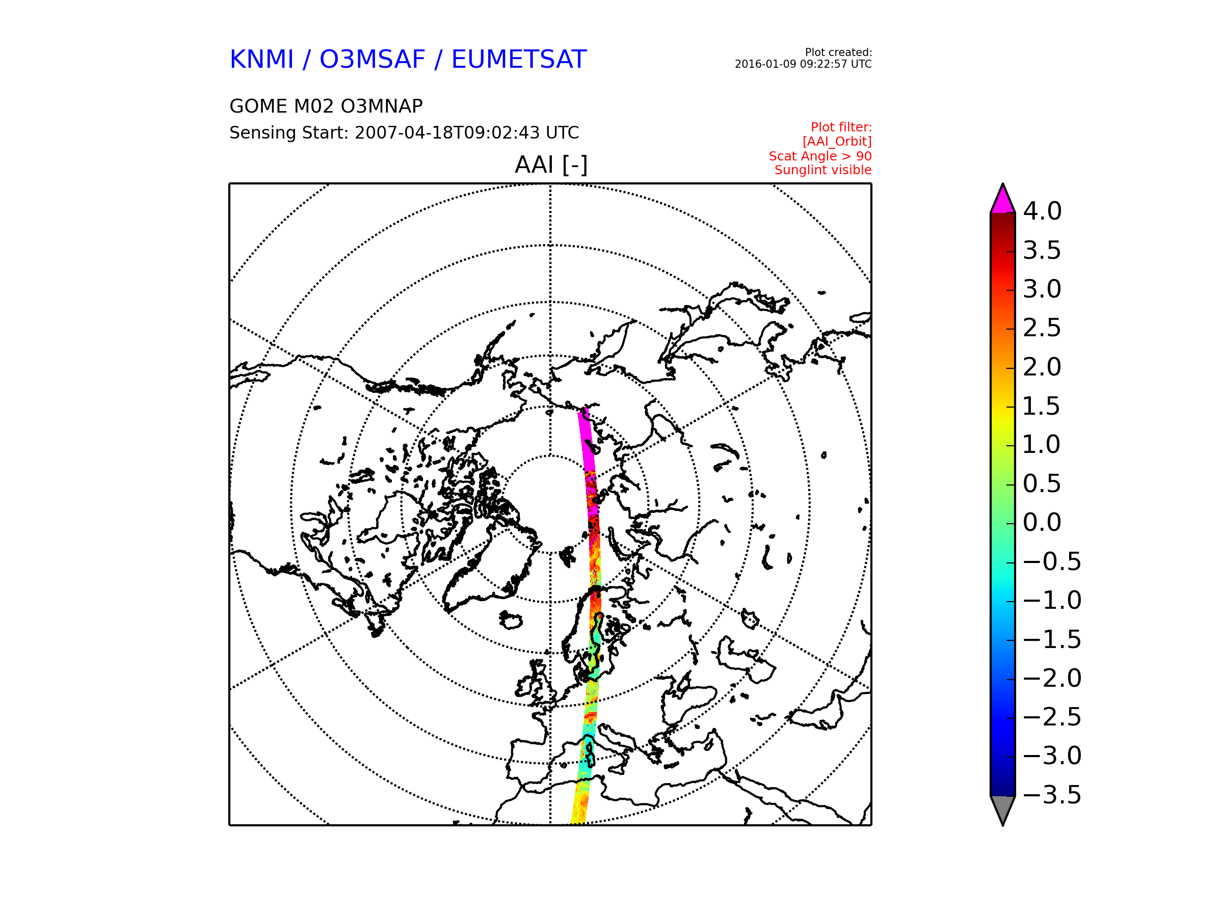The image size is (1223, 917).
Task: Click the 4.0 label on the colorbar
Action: [1042, 211]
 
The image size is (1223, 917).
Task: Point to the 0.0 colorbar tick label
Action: [1042, 522]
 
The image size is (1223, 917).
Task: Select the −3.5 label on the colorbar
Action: [1052, 795]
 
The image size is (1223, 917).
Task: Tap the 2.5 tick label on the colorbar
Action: [1042, 328]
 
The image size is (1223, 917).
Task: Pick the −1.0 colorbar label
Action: [1052, 600]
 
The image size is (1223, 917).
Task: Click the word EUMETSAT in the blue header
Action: [519, 59]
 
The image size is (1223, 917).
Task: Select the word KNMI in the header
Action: [261, 59]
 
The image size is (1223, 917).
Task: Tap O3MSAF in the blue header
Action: [373, 59]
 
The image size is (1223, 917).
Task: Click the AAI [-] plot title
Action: [551, 165]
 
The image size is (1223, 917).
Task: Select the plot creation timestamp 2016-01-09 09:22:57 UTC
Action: [803, 64]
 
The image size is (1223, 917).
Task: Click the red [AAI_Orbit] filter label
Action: [837, 142]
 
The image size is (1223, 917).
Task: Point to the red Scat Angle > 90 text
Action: [820, 156]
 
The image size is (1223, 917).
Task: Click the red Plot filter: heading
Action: [841, 127]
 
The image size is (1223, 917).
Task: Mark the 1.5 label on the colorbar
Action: [1041, 406]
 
